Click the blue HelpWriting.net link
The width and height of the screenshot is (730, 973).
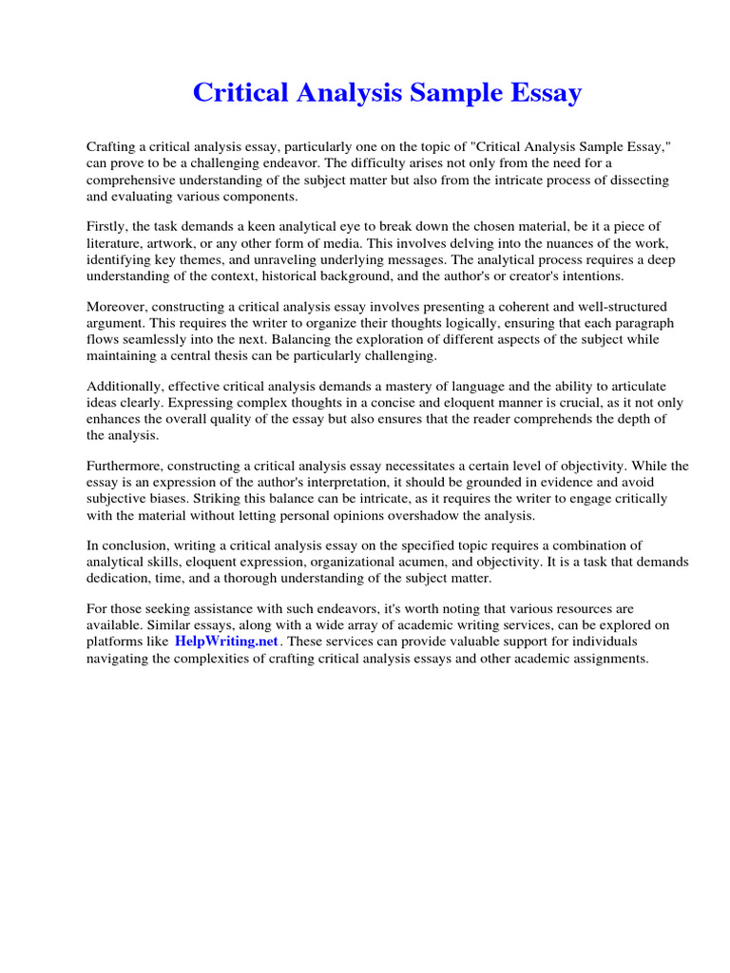point(226,641)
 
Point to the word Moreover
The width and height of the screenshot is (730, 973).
point(118,306)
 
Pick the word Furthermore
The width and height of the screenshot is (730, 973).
point(127,467)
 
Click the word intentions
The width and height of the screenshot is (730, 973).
point(590,276)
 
